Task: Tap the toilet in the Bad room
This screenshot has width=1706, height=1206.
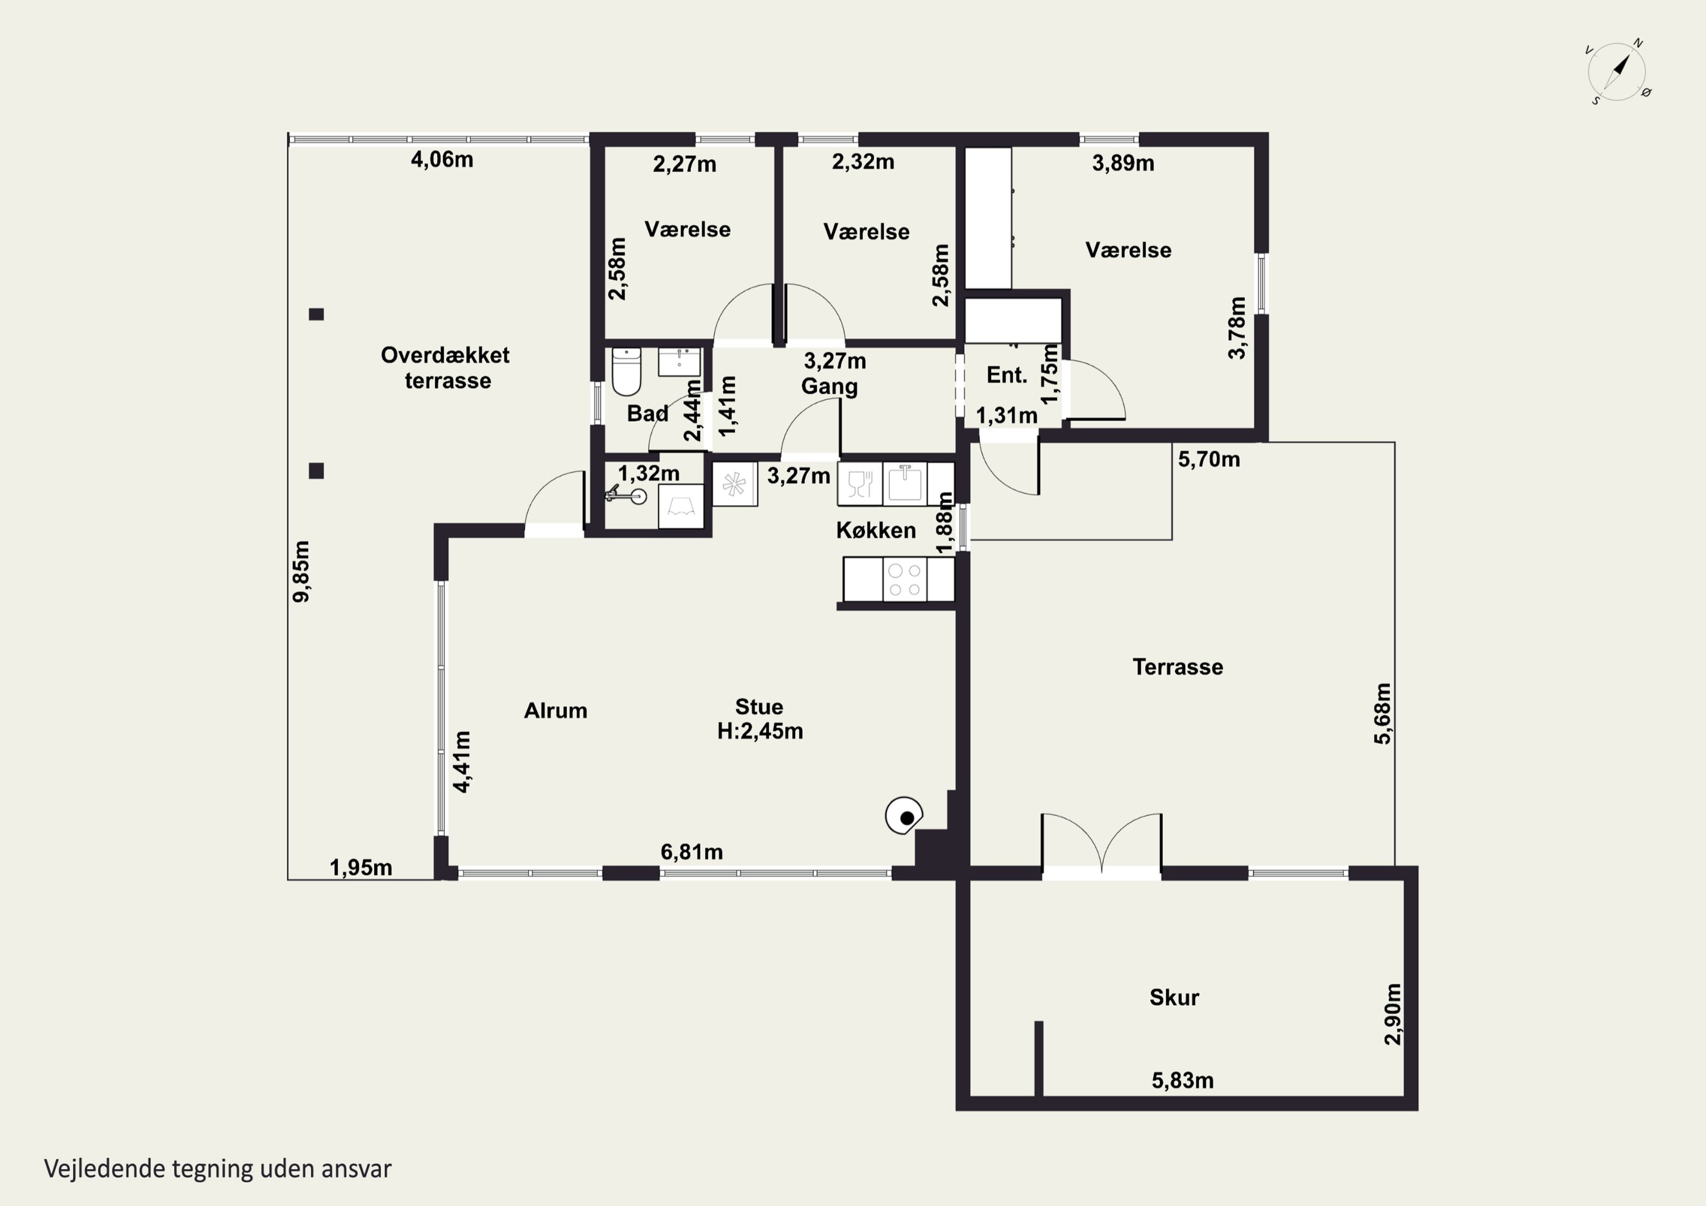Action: coord(626,371)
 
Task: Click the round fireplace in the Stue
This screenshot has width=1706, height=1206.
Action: coord(904,817)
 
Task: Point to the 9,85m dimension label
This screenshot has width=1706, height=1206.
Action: coord(301,571)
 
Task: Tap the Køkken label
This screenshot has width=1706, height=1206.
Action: coord(876,531)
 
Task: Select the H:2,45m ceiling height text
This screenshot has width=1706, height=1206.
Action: coord(760,731)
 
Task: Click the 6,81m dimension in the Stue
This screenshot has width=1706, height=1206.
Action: coord(691,852)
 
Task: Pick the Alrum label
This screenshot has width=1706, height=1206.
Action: coord(556,710)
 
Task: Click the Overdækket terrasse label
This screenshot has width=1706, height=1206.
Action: coord(446,368)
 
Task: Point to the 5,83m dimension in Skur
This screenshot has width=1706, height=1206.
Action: coord(1183,1080)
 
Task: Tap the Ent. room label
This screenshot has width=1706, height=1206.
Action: coord(1007,375)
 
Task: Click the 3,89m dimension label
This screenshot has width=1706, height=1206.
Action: coord(1124,164)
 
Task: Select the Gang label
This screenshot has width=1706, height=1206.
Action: coord(829,387)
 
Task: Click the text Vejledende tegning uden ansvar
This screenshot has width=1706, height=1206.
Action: coord(218,1169)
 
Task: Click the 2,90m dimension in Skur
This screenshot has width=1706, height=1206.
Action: coord(1393,1014)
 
